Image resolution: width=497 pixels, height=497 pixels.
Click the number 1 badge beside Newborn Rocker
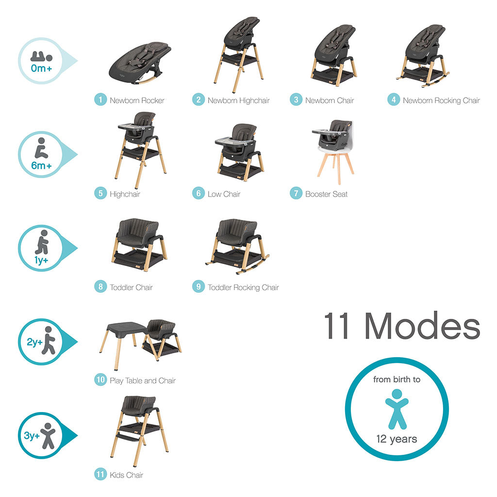100,100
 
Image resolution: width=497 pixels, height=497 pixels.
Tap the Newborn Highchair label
238,100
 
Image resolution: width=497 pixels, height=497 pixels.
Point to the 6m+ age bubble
41,155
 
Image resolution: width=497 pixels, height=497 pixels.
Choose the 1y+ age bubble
41,248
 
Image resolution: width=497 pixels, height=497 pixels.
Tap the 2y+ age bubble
41,341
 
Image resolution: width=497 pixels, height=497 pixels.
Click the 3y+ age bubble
41,435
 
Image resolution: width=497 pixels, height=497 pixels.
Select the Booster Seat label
326,194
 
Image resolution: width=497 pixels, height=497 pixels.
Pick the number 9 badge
198,287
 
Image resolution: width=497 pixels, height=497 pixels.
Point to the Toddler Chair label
131,287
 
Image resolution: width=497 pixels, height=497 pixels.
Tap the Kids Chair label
126,475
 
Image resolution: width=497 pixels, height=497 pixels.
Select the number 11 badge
100,475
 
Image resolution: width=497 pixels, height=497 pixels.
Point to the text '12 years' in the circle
397,439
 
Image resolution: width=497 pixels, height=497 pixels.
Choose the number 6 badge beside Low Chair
198,194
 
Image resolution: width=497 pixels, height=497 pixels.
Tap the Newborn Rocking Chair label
441,100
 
